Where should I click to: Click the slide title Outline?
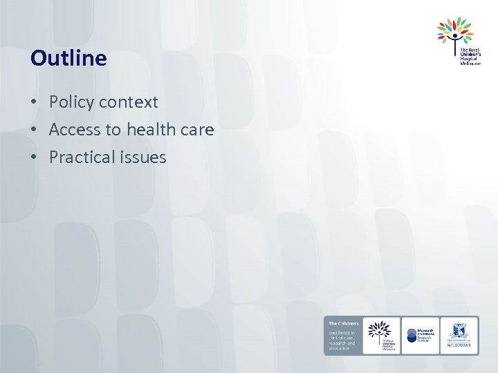tap(68, 58)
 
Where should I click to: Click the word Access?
tap(75, 130)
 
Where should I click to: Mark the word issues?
tap(142, 157)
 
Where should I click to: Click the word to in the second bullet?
tap(113, 130)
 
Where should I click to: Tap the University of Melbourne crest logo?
tap(459, 334)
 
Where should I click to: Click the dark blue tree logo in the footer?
tap(381, 329)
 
